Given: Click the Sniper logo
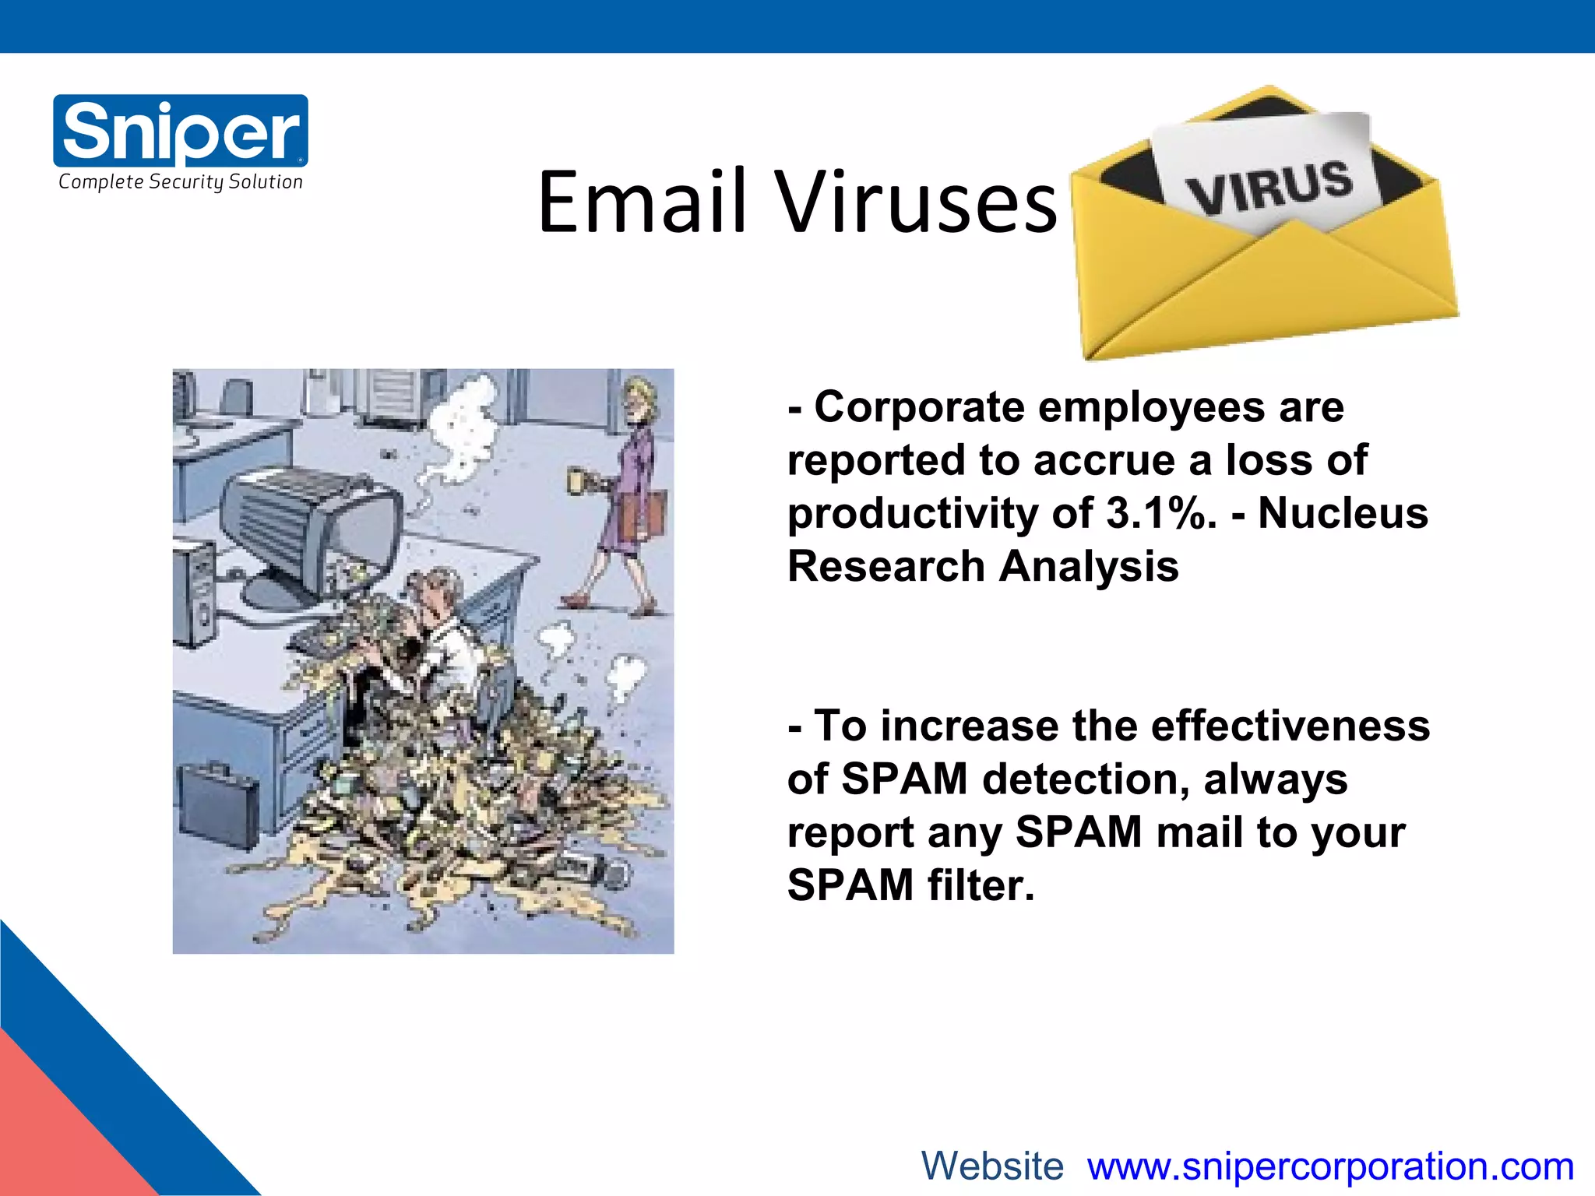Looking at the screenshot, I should tap(180, 130).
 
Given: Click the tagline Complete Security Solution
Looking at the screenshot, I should tap(180, 182).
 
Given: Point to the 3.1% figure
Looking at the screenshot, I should tap(1160, 513).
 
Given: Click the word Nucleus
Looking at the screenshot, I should tap(1343, 513).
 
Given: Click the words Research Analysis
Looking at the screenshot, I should tap(983, 566).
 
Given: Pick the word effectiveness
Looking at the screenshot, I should tap(1290, 726).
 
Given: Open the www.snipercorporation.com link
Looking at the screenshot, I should tap(1330, 1166).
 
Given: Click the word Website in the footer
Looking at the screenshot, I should tap(992, 1166).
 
